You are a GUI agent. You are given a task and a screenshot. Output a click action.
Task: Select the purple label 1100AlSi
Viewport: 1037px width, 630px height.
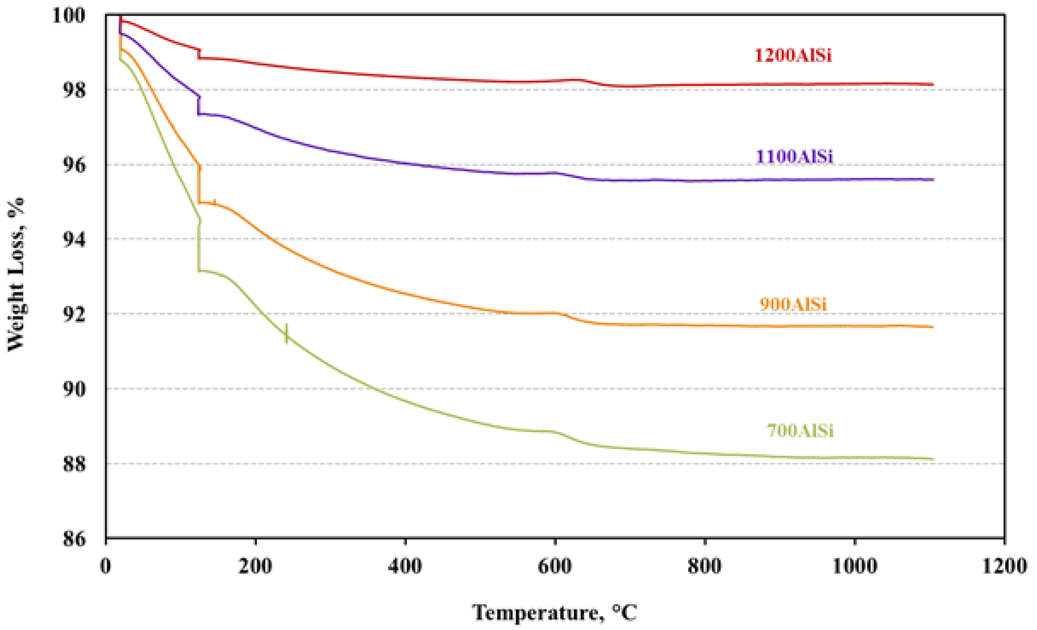pos(794,156)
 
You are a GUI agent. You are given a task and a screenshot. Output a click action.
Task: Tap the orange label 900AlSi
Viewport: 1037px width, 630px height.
pos(793,304)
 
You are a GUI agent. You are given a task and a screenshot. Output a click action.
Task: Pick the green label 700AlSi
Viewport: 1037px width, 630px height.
pos(800,431)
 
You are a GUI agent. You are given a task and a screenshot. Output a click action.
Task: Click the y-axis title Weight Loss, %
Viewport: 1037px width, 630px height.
pos(16,274)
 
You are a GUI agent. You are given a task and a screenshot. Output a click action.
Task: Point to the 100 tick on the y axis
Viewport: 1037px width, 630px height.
pos(69,15)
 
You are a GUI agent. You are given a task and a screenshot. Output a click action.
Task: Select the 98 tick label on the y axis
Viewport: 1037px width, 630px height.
pos(74,90)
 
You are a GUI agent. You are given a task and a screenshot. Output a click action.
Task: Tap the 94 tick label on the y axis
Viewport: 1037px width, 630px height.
pos(74,239)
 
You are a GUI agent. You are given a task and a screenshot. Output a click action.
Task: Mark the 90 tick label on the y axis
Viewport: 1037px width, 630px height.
pos(74,389)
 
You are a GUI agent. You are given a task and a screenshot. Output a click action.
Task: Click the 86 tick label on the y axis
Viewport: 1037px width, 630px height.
pos(74,538)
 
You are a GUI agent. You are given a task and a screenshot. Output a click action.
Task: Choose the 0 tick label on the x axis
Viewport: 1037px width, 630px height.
pos(105,566)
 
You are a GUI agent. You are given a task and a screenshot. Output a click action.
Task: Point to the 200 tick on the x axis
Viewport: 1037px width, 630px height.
pos(255,566)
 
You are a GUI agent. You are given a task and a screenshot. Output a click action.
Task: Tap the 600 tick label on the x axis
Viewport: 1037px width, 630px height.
pos(555,566)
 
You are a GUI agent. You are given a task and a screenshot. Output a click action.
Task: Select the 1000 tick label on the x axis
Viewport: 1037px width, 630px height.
pos(854,566)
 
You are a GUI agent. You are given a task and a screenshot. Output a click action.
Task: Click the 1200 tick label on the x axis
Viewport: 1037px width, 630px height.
pos(1004,566)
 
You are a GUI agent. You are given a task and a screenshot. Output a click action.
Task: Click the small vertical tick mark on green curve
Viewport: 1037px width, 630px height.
pos(287,334)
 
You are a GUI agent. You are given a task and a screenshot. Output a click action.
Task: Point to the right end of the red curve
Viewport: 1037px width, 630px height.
pos(933,84)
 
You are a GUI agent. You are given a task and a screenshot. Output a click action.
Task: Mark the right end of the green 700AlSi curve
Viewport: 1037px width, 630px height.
pos(933,459)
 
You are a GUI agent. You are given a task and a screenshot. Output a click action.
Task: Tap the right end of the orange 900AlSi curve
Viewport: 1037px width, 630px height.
pos(933,327)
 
